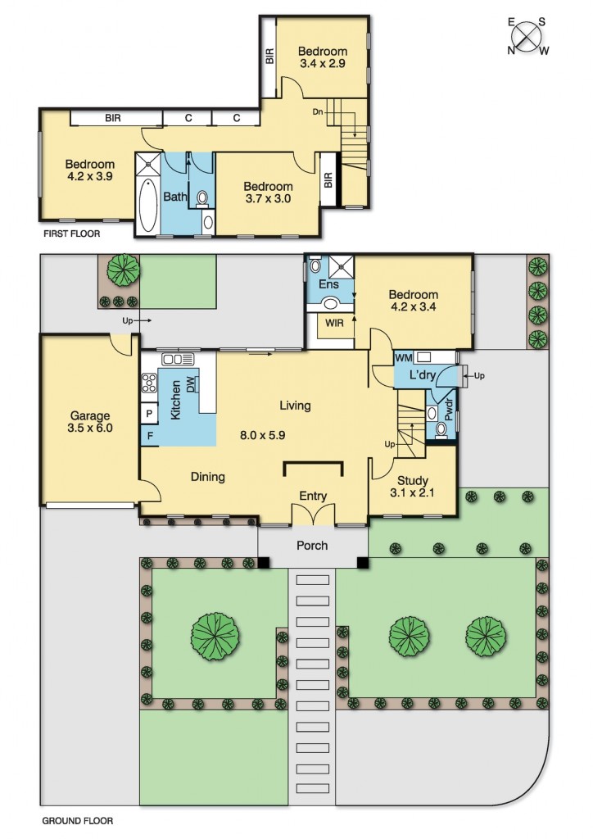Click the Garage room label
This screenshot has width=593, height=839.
point(90,415)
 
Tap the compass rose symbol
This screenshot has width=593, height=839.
point(527,36)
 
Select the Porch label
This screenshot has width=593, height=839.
point(312,545)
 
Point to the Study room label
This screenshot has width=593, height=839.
point(412,480)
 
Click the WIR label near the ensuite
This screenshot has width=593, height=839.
point(334,323)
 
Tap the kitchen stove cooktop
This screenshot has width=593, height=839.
point(149,383)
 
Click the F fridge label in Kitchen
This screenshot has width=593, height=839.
point(150,436)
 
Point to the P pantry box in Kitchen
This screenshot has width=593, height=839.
point(148,413)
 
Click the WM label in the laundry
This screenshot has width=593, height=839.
point(403,357)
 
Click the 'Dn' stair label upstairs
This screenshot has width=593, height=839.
point(318,112)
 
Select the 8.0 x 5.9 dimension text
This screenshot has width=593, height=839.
point(263,435)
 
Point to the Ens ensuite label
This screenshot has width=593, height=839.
point(328,284)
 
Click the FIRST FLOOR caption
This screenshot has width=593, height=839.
point(71,234)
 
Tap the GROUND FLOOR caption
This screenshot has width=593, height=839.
point(78,820)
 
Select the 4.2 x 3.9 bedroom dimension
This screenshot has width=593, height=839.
point(90,176)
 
